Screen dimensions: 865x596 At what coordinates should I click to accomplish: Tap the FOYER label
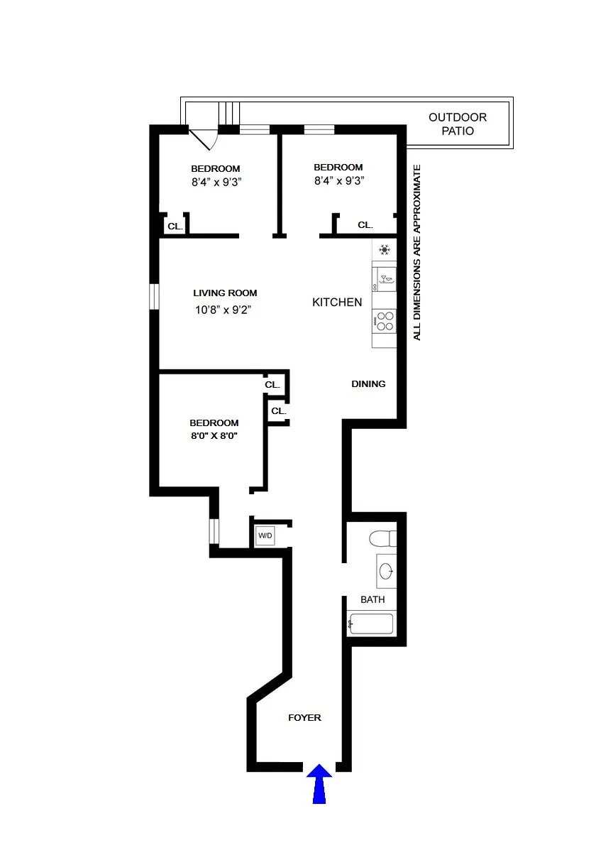coord(304,717)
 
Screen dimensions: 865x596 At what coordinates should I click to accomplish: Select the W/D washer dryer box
coord(265,535)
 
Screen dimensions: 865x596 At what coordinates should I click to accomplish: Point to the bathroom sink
coord(386,571)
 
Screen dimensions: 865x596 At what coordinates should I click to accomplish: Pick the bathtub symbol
coord(370,625)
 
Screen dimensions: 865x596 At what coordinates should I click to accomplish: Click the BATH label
coord(372,599)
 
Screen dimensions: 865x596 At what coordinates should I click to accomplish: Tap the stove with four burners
coord(385,322)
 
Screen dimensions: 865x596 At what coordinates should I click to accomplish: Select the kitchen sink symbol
coord(385,279)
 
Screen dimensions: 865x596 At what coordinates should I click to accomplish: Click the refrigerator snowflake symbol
coord(385,249)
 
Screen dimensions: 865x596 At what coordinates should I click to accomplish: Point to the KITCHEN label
coord(337,302)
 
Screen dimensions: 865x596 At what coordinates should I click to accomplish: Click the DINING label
coord(368,383)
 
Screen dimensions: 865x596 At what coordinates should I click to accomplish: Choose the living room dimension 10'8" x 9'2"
coord(223,310)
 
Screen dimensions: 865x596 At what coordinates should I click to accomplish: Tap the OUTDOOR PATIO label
coord(458,124)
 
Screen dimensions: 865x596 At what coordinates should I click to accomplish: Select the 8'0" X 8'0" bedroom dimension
coord(214,436)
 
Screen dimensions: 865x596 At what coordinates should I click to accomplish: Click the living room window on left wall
coord(153,297)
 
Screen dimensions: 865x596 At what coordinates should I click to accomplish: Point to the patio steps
coord(229,112)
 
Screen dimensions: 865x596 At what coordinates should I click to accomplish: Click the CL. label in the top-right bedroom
coord(365,224)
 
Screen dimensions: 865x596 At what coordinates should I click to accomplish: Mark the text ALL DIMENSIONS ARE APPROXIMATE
coord(417,252)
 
